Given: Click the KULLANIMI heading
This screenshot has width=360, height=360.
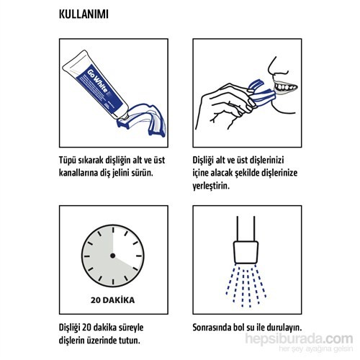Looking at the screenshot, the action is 84,14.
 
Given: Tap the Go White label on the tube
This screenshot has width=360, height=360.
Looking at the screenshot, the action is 97,81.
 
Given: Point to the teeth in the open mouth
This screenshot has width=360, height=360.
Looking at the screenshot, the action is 286,86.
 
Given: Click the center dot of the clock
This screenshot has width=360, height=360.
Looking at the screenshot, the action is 112,256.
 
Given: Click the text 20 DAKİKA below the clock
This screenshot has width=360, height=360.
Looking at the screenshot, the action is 112,300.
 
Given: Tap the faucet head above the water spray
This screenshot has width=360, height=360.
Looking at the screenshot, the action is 246,253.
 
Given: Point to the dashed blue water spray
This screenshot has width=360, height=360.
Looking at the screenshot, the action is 246,286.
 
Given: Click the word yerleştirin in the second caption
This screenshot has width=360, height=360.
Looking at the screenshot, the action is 211,186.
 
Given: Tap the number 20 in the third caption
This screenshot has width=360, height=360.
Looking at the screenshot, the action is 86,328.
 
